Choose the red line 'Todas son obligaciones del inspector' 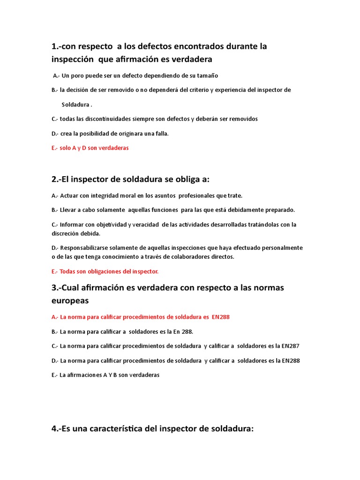(x=109, y=271)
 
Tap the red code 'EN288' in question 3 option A (x=220, y=317)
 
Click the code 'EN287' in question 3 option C (x=290, y=346)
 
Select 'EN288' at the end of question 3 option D (x=291, y=360)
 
